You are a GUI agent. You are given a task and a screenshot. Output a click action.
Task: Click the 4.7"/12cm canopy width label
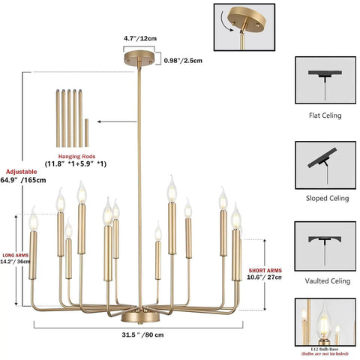point(140,38)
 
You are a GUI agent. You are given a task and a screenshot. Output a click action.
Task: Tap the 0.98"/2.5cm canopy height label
point(183,61)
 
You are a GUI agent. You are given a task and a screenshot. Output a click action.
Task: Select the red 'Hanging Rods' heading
point(76,157)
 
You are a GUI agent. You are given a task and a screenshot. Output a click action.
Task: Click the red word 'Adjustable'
point(22,172)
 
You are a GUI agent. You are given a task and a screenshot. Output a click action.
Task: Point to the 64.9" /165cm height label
point(23,180)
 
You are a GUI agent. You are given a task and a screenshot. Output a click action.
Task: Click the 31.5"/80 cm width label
point(143,334)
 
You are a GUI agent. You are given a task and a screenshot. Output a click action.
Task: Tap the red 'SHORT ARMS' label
point(265,271)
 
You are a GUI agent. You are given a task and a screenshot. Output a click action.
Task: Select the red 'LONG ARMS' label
point(16,255)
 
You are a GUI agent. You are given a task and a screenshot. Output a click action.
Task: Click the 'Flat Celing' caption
point(325,115)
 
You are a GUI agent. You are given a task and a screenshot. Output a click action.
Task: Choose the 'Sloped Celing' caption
point(327,198)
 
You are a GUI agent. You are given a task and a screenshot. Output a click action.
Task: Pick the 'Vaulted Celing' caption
point(328,281)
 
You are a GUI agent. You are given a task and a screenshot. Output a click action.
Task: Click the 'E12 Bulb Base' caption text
point(325,349)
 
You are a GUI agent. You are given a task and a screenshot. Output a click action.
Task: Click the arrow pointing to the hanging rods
point(117,121)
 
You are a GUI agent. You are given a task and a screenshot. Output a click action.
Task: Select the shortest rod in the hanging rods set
point(86,133)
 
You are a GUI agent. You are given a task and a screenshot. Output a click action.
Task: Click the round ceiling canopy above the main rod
point(139,58)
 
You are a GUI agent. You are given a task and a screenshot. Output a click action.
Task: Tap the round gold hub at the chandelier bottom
point(140,317)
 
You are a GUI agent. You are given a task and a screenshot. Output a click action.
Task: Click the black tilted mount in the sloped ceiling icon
point(322,157)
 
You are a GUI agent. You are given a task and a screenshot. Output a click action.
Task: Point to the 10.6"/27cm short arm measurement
point(264,277)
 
